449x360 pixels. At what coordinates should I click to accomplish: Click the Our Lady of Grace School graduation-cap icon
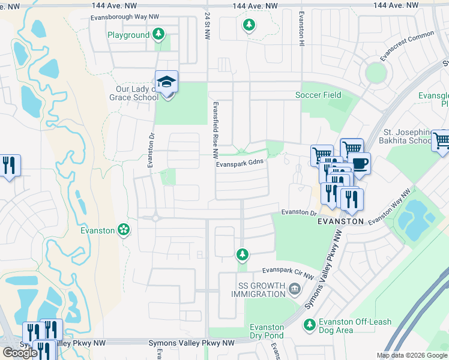pyautogui.click(x=167, y=81)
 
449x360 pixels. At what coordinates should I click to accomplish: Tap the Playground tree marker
pyautogui.click(x=158, y=34)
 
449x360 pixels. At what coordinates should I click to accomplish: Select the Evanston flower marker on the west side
pyautogui.click(x=124, y=229)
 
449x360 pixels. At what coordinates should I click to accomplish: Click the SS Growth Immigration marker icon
pyautogui.click(x=295, y=289)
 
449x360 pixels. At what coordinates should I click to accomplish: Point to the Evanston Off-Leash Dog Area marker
pyautogui.click(x=309, y=325)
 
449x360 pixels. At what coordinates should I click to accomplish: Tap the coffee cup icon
pyautogui.click(x=360, y=163)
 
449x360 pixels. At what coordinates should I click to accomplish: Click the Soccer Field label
pyautogui.click(x=318, y=95)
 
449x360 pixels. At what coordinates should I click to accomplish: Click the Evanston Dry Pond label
pyautogui.click(x=267, y=331)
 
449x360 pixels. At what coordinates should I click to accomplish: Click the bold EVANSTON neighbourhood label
pyautogui.click(x=340, y=221)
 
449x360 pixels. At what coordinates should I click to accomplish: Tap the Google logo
pyautogui.click(x=20, y=353)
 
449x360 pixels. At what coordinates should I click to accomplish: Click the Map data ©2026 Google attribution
pyautogui.click(x=412, y=355)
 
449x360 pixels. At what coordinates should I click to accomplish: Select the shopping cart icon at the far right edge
pyautogui.click(x=441, y=140)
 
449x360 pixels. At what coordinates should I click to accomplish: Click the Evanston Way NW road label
pyautogui.click(x=389, y=208)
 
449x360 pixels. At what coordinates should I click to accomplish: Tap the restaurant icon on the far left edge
pyautogui.click(x=9, y=165)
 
